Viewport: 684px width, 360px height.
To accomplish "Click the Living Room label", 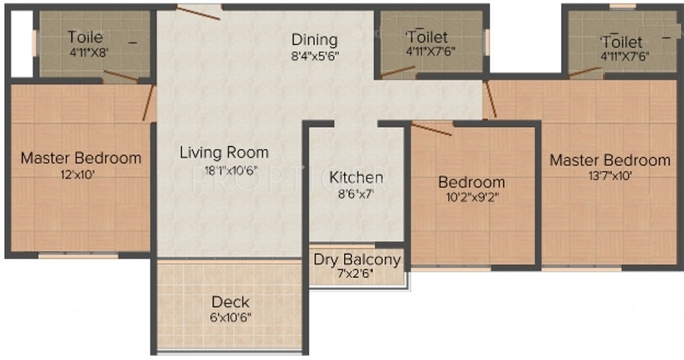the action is click(x=224, y=152).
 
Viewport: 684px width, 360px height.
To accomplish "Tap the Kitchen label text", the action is click(x=356, y=177).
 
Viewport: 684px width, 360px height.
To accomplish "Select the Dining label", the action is click(x=315, y=39).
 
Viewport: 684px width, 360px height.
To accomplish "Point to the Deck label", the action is click(x=230, y=302).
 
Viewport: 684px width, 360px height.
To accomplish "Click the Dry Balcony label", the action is click(x=357, y=260).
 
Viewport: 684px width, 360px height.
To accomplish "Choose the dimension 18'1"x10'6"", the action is click(x=225, y=170).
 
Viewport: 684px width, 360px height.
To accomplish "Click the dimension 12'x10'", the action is click(x=78, y=175).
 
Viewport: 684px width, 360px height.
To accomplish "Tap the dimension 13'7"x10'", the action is click(x=610, y=176).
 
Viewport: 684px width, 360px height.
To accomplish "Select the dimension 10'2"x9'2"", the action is click(x=472, y=198).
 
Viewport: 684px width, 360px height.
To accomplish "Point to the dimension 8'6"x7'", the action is click(x=356, y=193).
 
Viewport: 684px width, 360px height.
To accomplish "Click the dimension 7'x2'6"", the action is click(x=356, y=274).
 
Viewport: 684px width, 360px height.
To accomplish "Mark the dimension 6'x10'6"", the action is click(x=230, y=317).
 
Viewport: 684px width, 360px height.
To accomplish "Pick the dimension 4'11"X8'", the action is click(x=89, y=52).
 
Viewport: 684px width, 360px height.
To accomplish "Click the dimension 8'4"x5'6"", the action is click(x=315, y=56).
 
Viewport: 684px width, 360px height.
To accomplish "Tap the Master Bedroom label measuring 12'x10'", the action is click(x=81, y=158).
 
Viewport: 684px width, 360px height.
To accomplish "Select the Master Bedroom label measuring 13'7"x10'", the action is click(x=610, y=160).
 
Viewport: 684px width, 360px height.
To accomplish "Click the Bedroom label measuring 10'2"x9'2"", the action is click(x=472, y=182).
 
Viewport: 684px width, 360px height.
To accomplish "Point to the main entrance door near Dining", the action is click(x=198, y=13).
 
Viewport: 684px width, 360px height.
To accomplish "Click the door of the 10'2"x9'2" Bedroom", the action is click(x=431, y=130).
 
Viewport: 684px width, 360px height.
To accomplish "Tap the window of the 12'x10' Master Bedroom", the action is click(x=79, y=256).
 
